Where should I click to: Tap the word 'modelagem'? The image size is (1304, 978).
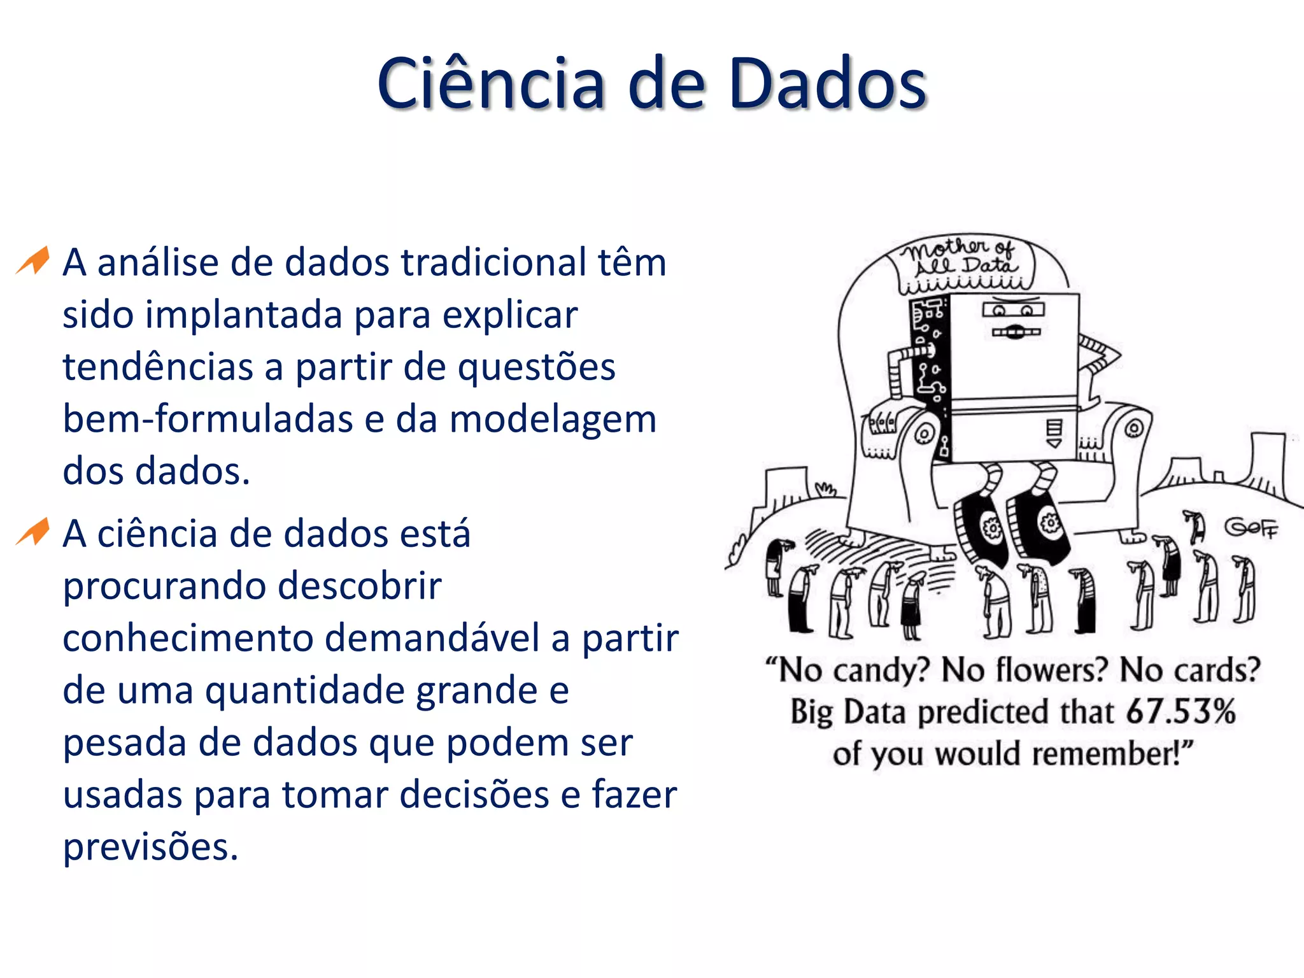click(553, 420)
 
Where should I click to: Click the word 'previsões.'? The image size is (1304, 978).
click(150, 847)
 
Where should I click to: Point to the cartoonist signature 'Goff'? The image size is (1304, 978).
click(1251, 528)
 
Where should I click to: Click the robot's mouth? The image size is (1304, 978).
click(1016, 332)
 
